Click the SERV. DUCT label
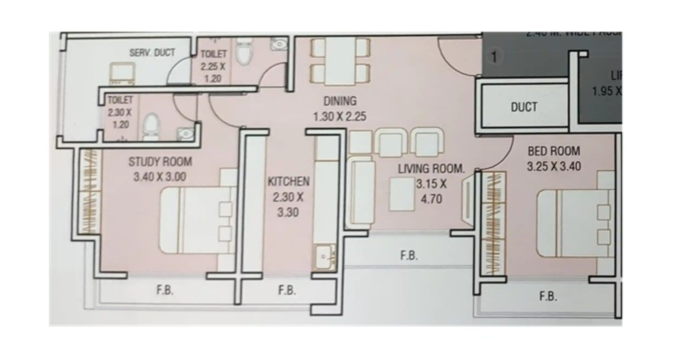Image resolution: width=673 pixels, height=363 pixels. tap(152, 53)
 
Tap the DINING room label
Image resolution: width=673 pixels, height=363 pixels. tap(340, 101)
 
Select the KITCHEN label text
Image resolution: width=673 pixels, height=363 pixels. tap(288, 182)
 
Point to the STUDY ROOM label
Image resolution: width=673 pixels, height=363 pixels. tap(160, 162)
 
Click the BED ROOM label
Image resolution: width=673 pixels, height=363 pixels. tap(554, 151)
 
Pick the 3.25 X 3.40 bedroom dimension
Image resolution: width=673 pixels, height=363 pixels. tap(554, 166)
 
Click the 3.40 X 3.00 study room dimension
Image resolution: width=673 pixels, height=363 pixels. tap(160, 177)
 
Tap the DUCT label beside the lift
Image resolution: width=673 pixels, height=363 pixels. tap(524, 107)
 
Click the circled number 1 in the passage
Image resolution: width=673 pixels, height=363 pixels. tap(494, 57)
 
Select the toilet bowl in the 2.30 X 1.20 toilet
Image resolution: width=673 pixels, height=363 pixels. tap(151, 125)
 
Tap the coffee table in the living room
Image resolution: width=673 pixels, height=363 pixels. tap(402, 194)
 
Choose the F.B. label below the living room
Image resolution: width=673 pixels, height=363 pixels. tap(409, 256)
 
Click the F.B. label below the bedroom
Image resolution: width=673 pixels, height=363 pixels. tap(548, 297)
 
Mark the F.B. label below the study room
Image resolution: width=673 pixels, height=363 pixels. tap(165, 290)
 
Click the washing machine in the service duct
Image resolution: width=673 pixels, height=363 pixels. tap(122, 73)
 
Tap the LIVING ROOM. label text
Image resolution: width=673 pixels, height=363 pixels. tap(431, 169)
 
